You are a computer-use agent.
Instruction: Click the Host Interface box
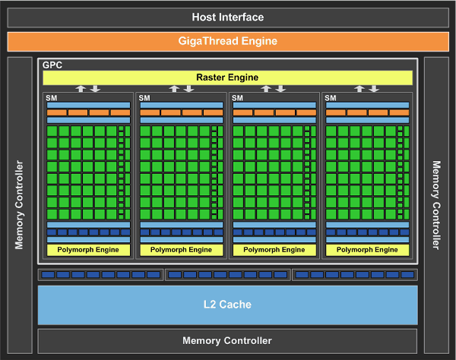tap(227, 17)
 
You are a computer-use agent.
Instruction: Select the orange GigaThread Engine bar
tap(227, 41)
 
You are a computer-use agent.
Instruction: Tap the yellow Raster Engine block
tap(227, 77)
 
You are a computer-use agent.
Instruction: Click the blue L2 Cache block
tap(227, 305)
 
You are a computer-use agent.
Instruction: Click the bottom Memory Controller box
tap(227, 341)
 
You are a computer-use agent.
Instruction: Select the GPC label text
tap(52, 66)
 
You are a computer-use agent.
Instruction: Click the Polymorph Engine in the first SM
tap(88, 249)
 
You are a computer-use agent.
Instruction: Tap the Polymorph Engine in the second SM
tap(181, 249)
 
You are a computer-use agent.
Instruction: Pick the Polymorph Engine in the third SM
tap(274, 249)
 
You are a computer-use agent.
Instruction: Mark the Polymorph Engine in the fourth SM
tap(366, 249)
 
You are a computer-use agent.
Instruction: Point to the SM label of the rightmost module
tap(331, 98)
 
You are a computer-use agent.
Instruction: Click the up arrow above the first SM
tap(81, 89)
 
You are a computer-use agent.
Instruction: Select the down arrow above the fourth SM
tap(373, 89)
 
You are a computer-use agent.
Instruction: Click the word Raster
tap(211, 77)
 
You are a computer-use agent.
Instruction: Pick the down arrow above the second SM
tap(188, 89)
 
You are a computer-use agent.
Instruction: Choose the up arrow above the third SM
tap(267, 89)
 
